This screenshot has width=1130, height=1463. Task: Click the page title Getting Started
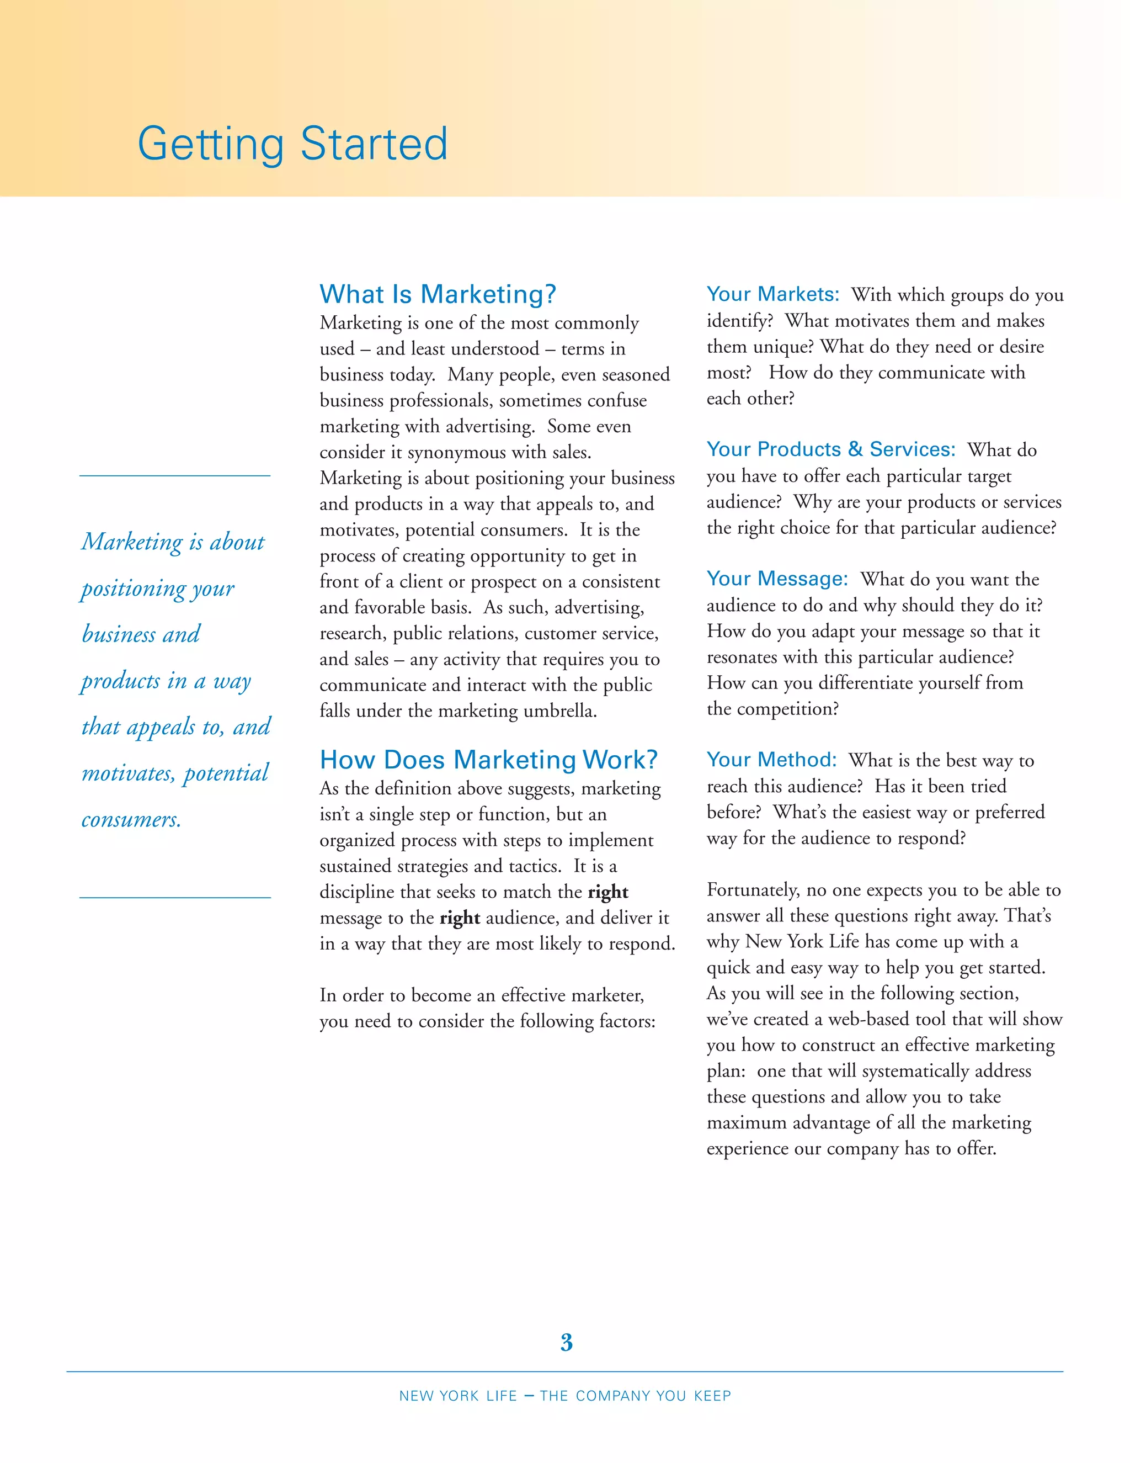pyautogui.click(x=292, y=144)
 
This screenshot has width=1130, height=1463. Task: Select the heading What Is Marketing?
pyautogui.click(x=438, y=294)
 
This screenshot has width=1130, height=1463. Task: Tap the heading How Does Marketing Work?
pyautogui.click(x=489, y=760)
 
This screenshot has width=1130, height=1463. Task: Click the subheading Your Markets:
pyautogui.click(x=772, y=294)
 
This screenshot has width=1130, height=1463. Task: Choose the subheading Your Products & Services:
pyautogui.click(x=831, y=449)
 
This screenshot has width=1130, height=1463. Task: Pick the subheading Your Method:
pyautogui.click(x=772, y=760)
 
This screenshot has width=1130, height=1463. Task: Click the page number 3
pyautogui.click(x=566, y=1343)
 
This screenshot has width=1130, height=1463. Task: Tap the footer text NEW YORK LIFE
pyautogui.click(x=458, y=1396)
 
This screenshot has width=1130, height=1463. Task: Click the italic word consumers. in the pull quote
pyautogui.click(x=131, y=819)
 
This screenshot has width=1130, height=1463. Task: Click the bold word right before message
pyautogui.click(x=608, y=892)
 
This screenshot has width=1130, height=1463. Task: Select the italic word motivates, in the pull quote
pyautogui.click(x=128, y=773)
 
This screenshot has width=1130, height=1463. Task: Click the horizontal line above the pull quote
pyautogui.click(x=175, y=475)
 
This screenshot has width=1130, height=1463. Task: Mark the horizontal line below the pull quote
pyautogui.click(x=175, y=897)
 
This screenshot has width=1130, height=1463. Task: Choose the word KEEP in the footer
pyautogui.click(x=712, y=1396)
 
